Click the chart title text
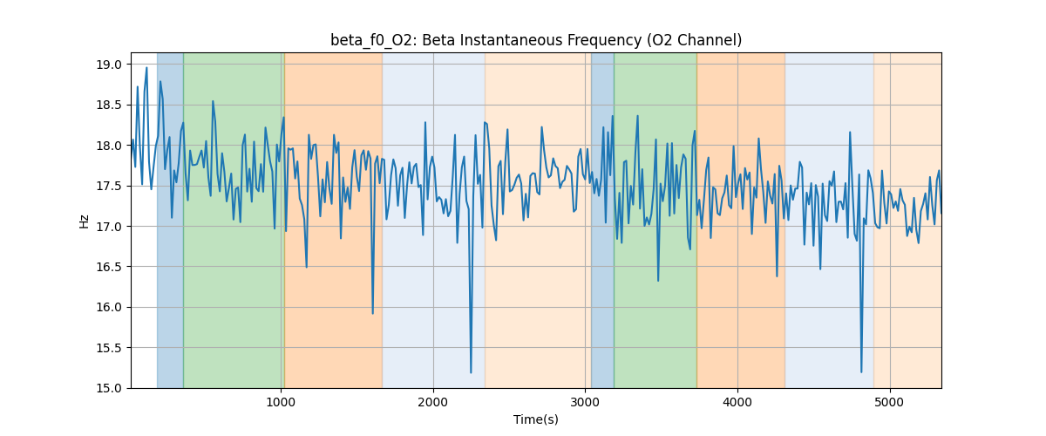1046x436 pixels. (x=536, y=40)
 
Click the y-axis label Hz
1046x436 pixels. (x=85, y=221)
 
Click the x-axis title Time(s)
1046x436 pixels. (x=536, y=419)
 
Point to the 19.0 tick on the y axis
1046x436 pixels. (x=110, y=65)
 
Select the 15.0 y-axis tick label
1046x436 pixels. (x=110, y=388)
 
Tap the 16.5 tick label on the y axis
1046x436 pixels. (x=110, y=267)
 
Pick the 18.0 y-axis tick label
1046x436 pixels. (x=110, y=146)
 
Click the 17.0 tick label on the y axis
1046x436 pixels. (x=110, y=227)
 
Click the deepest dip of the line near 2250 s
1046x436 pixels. (x=471, y=372)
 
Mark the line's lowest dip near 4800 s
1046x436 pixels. (x=861, y=372)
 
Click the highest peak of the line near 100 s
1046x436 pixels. (x=146, y=68)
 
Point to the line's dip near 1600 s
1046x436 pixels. (x=373, y=313)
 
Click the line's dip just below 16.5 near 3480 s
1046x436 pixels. (x=658, y=281)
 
